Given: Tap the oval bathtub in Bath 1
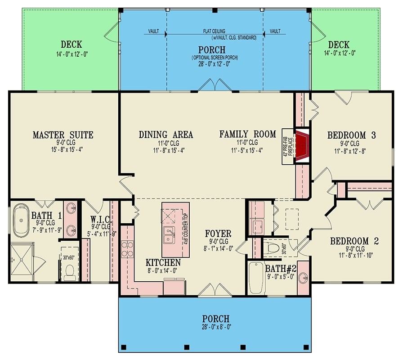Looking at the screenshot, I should pyautogui.click(x=21, y=220).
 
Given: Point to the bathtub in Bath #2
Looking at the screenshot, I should pyautogui.click(x=256, y=277).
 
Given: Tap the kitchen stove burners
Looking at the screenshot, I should pyautogui.click(x=127, y=248).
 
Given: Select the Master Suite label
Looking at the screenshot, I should pyautogui.click(x=63, y=135).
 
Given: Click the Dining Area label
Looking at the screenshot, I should pyautogui.click(x=166, y=135).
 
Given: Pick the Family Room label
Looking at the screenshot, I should pyautogui.click(x=247, y=134).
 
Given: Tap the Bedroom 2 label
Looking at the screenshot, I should pyautogui.click(x=354, y=241).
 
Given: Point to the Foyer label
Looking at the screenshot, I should pyautogui.click(x=218, y=234).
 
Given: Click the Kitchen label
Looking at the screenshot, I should pyautogui.click(x=163, y=262).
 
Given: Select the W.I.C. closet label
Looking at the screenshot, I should pyautogui.click(x=98, y=214).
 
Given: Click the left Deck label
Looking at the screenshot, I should pyautogui.click(x=71, y=44).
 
